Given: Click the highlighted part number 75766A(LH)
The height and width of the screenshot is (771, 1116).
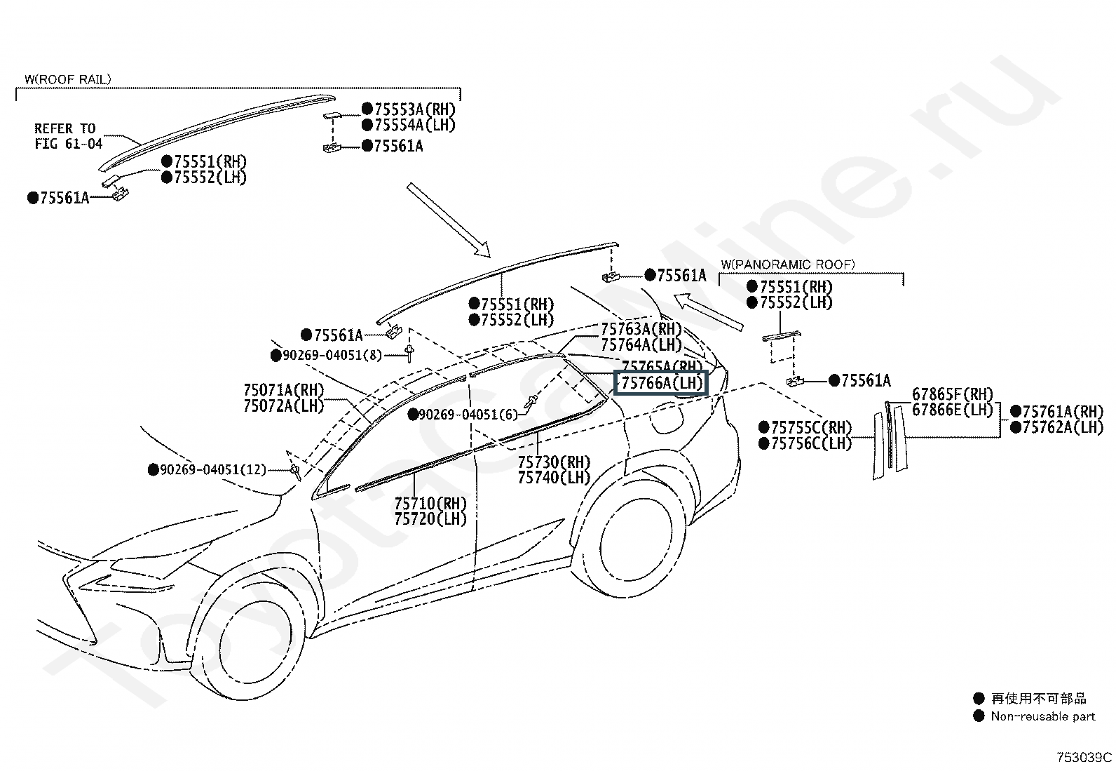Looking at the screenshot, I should point(661,383).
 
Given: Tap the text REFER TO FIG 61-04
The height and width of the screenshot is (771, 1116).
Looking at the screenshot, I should point(68,136).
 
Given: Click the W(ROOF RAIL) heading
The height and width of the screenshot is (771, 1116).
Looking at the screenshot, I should point(67,80).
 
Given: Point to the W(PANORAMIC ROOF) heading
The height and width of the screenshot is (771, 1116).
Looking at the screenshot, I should point(787,264).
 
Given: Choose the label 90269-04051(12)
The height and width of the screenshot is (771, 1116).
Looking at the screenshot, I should point(213,469).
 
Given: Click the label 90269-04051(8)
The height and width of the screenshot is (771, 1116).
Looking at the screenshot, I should point(332,356).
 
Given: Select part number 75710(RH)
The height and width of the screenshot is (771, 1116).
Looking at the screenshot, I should point(430,504).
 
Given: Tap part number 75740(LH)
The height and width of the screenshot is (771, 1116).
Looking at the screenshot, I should point(554,478).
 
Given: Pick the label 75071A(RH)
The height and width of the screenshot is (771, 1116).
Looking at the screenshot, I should point(284,390).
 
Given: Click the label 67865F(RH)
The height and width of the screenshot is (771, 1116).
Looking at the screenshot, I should point(953,394).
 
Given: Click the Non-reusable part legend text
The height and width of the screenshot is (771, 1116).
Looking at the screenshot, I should point(1042,716).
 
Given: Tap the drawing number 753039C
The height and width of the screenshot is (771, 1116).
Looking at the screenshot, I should point(1084,758).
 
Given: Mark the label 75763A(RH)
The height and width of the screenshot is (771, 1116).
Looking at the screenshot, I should point(641,329).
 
